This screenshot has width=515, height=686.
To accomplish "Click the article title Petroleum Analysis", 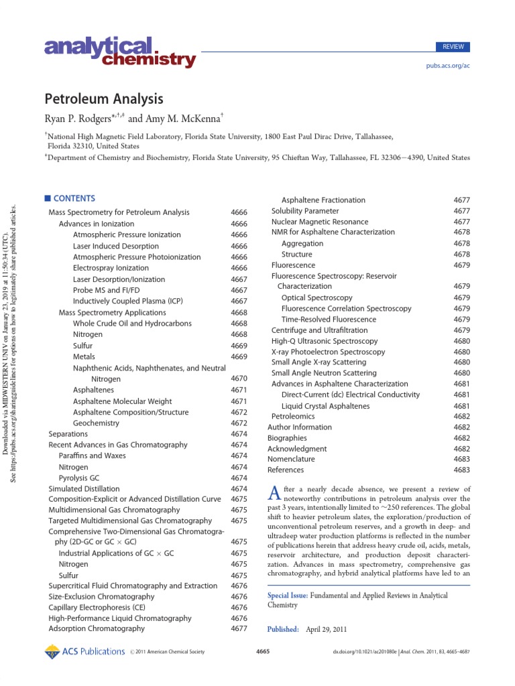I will [x=104, y=99].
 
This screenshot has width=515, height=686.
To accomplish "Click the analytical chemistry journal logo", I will [x=120, y=54].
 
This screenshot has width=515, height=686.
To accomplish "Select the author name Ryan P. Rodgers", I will [x=81, y=119].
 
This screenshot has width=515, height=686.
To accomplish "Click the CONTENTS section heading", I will [x=74, y=198].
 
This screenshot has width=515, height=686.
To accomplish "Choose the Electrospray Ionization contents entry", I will [x=111, y=268].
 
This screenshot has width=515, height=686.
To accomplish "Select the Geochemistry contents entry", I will [x=97, y=423].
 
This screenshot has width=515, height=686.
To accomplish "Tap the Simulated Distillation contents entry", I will [x=84, y=489].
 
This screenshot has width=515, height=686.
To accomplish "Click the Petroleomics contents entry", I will [x=293, y=416].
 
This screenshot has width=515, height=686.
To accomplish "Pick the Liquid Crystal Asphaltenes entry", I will [x=325, y=406].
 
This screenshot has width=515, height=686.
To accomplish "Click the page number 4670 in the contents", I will [x=239, y=379].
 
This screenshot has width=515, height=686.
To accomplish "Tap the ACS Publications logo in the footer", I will [x=84, y=651].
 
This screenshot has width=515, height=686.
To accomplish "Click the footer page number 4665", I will [x=263, y=652].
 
